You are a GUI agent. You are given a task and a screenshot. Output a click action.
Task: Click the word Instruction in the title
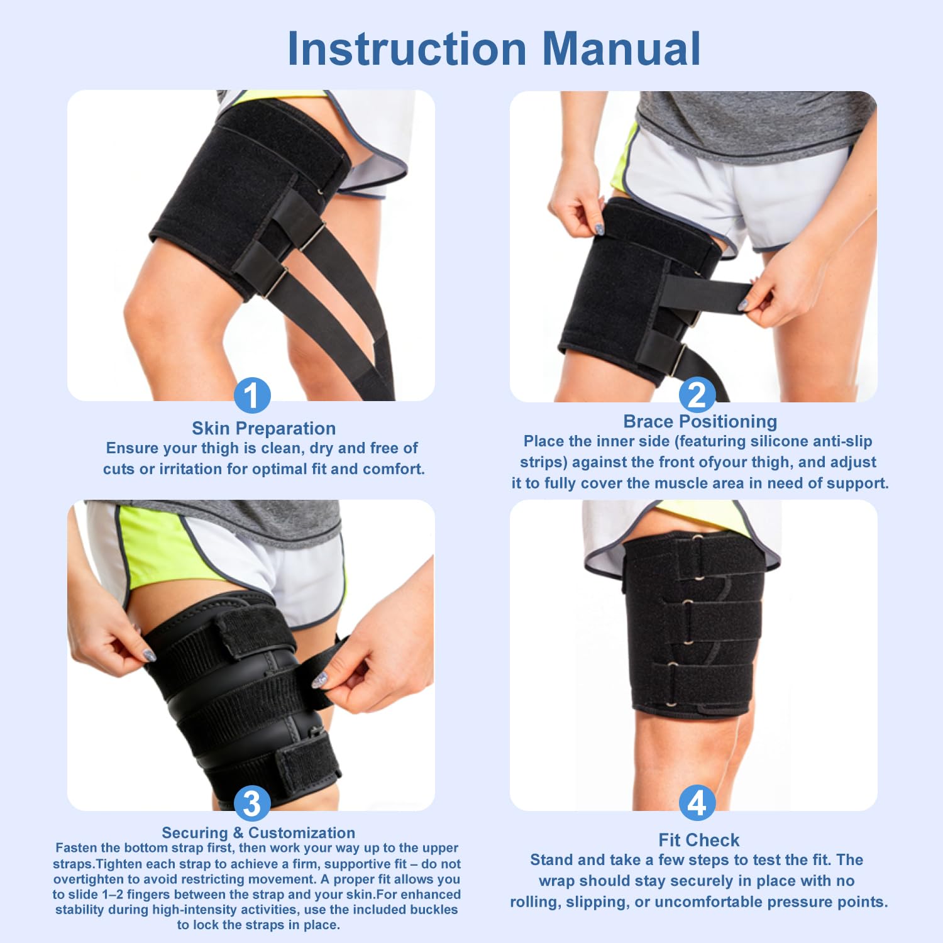pyautogui.click(x=407, y=48)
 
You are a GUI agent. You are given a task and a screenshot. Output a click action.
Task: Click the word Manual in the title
pyautogui.click(x=621, y=48)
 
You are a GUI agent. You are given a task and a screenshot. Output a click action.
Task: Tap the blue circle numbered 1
pyautogui.click(x=252, y=395)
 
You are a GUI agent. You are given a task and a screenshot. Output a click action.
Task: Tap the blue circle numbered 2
pyautogui.click(x=697, y=395)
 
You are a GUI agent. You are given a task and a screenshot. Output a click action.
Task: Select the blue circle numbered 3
pyautogui.click(x=252, y=803)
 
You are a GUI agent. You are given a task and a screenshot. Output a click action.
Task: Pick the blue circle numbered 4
pyautogui.click(x=697, y=803)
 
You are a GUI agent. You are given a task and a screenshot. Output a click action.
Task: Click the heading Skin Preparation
pyautogui.click(x=263, y=429)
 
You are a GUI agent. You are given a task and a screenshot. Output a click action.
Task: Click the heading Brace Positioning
pyautogui.click(x=700, y=421)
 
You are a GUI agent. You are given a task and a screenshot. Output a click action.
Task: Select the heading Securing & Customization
pyautogui.click(x=258, y=832)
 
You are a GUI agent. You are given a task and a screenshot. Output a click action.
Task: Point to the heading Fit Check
pyautogui.click(x=699, y=840)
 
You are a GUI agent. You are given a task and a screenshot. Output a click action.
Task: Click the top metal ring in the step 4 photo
pyautogui.click(x=697, y=538)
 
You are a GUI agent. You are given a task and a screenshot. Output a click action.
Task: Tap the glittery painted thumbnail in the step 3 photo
pyautogui.click(x=320, y=680)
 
